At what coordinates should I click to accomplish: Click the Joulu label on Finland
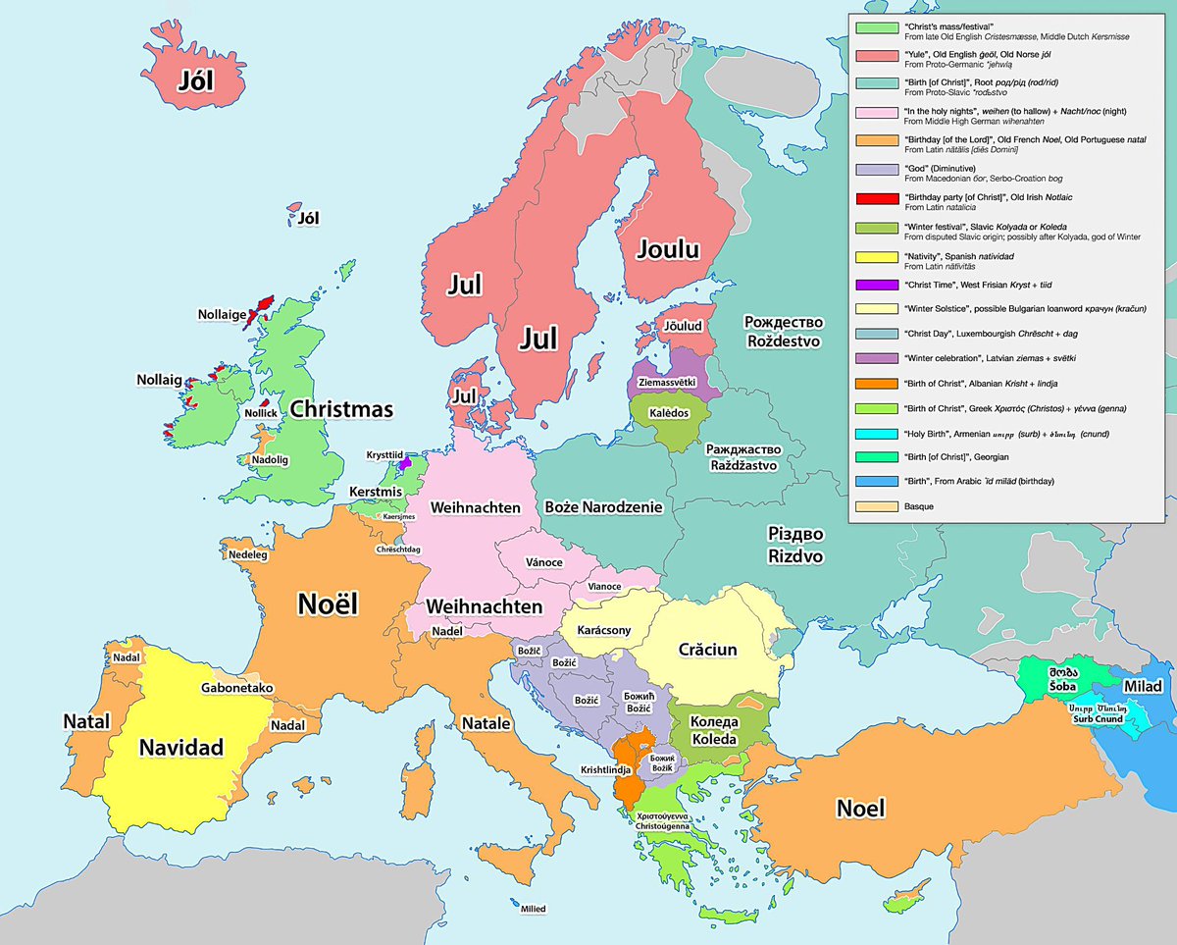pos(668,249)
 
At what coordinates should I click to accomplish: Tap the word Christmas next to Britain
pos(340,409)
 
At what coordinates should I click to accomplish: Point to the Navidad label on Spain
pos(180,747)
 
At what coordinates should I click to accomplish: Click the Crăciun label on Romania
pos(707,650)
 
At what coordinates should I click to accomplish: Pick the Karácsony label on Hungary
pos(603,630)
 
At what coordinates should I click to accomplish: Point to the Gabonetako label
pos(237,689)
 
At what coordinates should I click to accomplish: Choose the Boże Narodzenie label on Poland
pos(603,507)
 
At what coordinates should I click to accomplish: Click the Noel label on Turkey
pos(860,809)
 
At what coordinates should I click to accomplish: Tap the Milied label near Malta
pos(534,909)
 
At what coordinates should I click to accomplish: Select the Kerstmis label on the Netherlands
pos(377,491)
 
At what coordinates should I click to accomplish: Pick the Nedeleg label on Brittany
pos(247,554)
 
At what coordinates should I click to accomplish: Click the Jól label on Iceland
pos(196,80)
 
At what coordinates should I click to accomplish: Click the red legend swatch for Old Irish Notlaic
pos(876,200)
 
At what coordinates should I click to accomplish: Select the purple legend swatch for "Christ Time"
pos(876,286)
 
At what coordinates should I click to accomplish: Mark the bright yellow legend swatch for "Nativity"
pos(876,257)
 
